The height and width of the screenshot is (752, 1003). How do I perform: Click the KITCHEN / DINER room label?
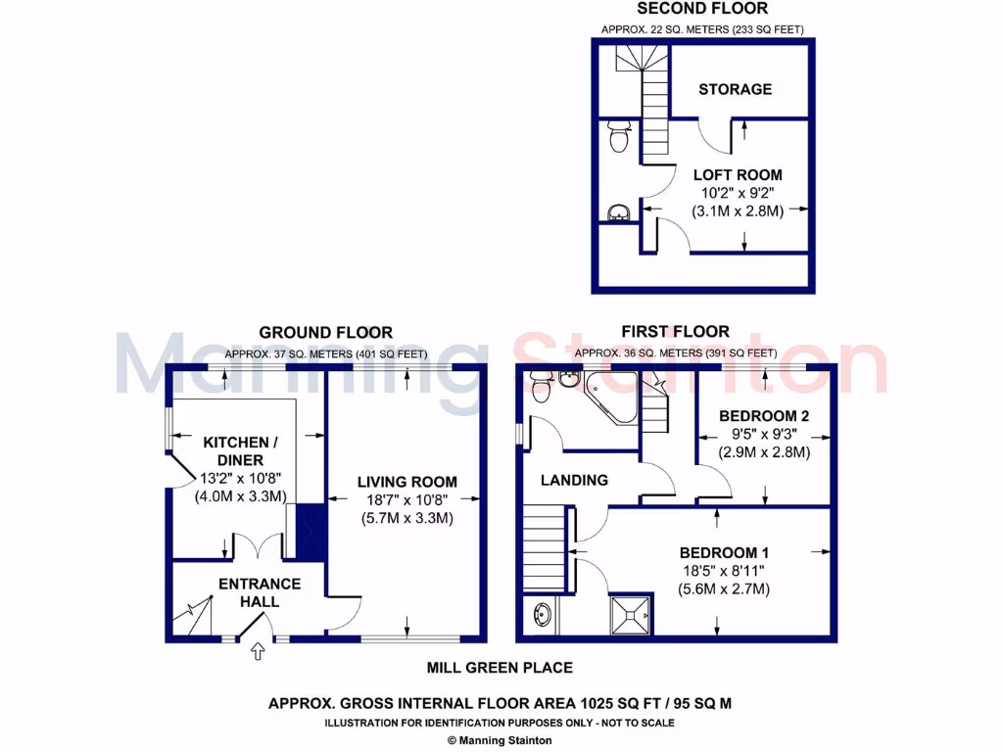pos(241,451)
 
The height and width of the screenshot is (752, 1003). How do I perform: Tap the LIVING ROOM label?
pos(406,482)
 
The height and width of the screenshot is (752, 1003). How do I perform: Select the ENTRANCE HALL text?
pos(260,592)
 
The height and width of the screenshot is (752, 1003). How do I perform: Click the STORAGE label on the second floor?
pos(735,89)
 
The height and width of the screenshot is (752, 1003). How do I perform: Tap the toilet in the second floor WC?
pos(618,138)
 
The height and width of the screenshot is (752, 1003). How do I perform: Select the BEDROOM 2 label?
pos(764,413)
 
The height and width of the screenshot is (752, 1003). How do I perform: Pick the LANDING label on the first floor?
pos(574,480)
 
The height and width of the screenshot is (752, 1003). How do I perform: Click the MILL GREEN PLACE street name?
pos(500,668)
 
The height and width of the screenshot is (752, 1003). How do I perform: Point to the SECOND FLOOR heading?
pos(702,10)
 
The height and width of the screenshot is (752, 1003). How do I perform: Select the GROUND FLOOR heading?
pos(326,333)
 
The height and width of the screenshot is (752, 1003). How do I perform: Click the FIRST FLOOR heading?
pos(675,332)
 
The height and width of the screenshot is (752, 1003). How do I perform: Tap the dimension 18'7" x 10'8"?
pos(406,500)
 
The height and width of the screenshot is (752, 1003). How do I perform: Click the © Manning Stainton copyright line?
pos(500,740)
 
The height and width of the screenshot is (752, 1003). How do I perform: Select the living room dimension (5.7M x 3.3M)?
pos(406,518)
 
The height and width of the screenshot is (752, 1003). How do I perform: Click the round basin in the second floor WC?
pos(618,212)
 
